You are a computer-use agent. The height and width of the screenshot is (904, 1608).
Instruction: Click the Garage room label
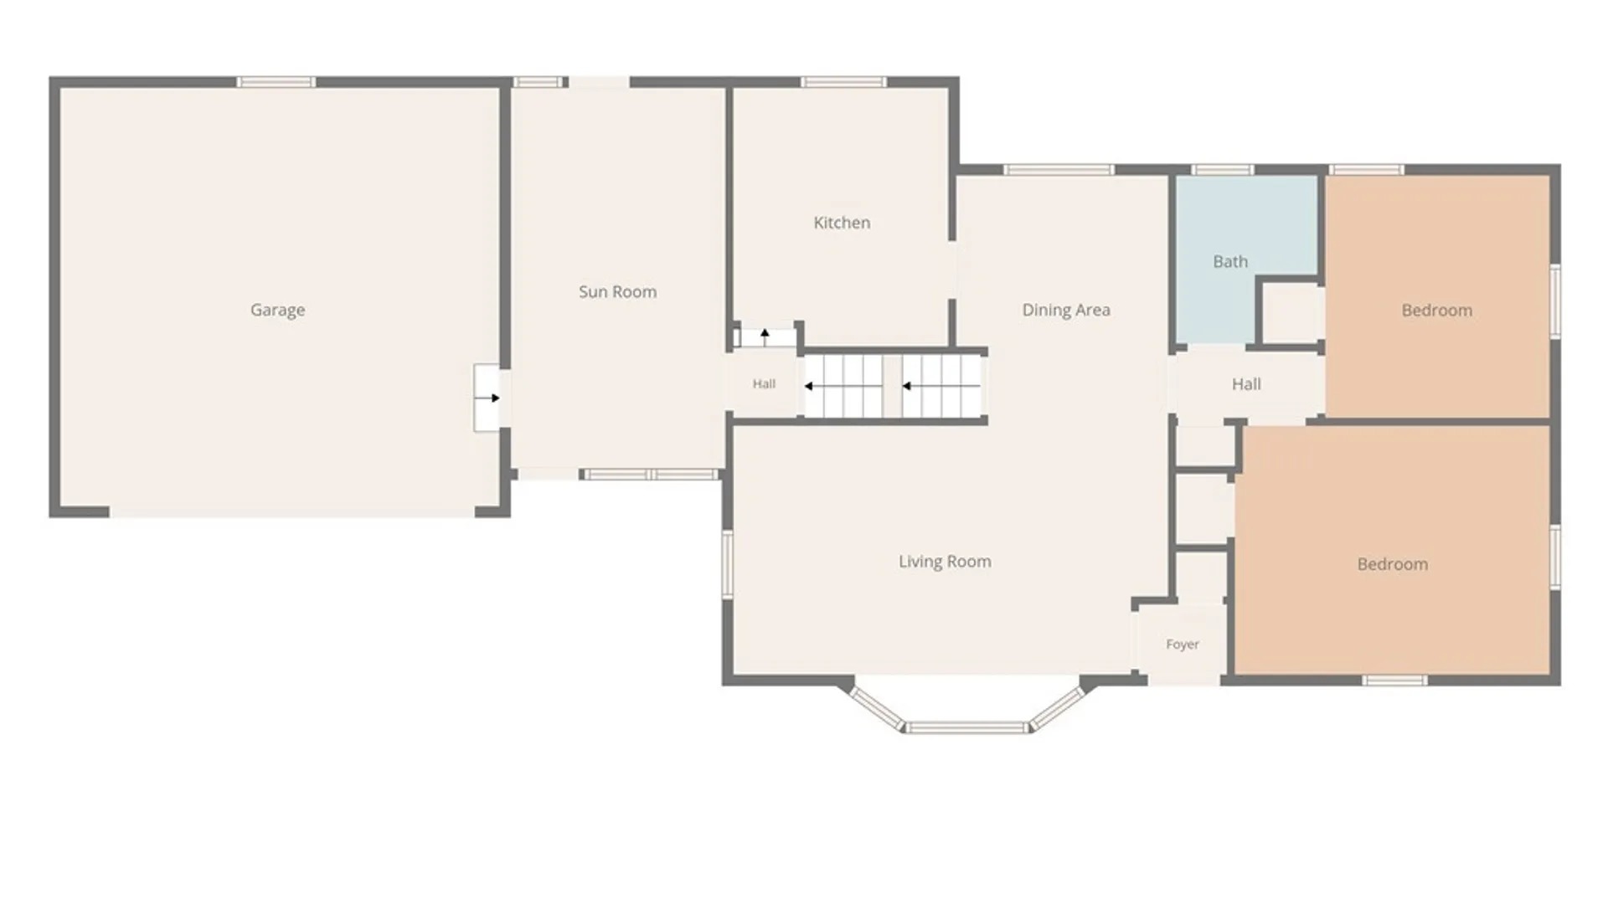point(277,311)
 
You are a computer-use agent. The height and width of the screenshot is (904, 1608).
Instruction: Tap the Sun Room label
point(617,292)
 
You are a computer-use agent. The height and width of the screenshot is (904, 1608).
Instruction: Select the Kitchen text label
point(842,223)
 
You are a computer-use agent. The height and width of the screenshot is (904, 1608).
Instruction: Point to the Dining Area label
point(1066,311)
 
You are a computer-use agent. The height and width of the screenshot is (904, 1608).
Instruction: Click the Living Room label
point(945,562)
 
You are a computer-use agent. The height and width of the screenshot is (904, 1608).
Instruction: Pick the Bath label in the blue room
point(1230,262)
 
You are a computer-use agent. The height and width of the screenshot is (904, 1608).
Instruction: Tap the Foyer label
point(1183,645)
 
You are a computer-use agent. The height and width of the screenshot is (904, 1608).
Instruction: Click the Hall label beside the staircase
point(764,384)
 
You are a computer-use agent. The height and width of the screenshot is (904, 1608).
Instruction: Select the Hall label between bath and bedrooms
point(1246,384)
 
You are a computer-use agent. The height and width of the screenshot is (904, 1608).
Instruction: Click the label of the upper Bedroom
point(1437,311)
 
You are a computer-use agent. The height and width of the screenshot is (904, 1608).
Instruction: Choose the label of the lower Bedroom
point(1393,564)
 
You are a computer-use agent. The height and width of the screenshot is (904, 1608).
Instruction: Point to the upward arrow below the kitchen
point(765,337)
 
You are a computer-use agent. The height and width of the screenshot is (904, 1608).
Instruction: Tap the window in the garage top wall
point(276,82)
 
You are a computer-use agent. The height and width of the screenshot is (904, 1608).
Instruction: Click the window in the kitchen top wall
point(843,82)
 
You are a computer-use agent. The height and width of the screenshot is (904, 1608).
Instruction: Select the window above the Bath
point(1223,170)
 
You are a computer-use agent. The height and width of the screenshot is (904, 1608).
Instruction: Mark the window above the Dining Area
point(1059,170)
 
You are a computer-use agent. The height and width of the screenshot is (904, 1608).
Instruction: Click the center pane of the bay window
point(967,727)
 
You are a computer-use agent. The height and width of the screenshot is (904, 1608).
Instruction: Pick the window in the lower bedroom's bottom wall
point(1394,681)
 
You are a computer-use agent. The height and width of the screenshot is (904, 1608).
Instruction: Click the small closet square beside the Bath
point(1291,312)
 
